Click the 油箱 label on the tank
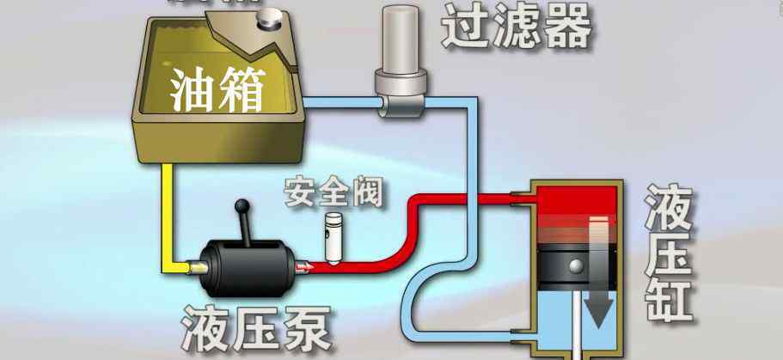pyautogui.click(x=217, y=88)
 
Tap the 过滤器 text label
pyautogui.click(x=517, y=27)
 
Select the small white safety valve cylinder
pyautogui.click(x=333, y=234)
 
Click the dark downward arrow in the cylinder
pyautogui.click(x=598, y=275)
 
